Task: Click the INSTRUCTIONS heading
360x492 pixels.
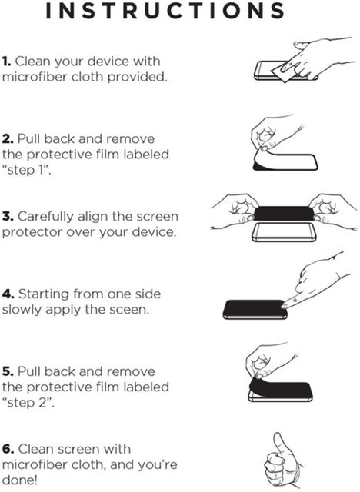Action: pyautogui.click(x=165, y=10)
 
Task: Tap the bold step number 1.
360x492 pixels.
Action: pyautogui.click(x=6, y=61)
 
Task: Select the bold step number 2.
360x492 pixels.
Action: pyautogui.click(x=8, y=139)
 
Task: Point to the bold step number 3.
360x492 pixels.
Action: pyautogui.click(x=8, y=217)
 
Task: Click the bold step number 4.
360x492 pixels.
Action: pyautogui.click(x=8, y=294)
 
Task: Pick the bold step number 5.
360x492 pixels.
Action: pyautogui.click(x=8, y=371)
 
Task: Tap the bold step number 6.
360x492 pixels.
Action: pyautogui.click(x=8, y=449)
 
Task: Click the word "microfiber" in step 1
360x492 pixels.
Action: pyautogui.click(x=35, y=77)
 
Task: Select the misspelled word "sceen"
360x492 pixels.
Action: pyautogui.click(x=129, y=310)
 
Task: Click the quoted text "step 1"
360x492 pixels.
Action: pyautogui.click(x=26, y=170)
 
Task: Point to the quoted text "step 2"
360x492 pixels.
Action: pyautogui.click(x=28, y=403)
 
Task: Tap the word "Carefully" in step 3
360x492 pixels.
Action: pyautogui.click(x=45, y=217)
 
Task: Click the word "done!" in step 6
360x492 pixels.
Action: pyautogui.click(x=19, y=480)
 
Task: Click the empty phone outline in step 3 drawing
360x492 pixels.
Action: pyautogui.click(x=284, y=232)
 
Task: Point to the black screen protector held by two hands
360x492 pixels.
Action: pyautogui.click(x=284, y=214)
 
